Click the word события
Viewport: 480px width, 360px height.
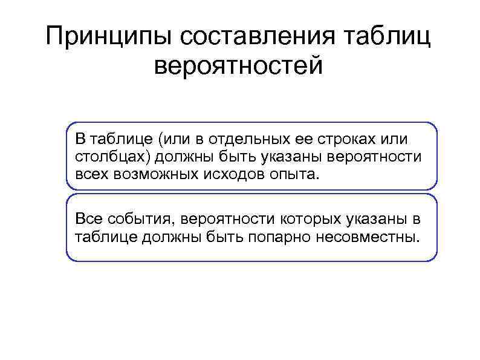[x=132, y=217]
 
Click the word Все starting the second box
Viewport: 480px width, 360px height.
[x=86, y=217]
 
